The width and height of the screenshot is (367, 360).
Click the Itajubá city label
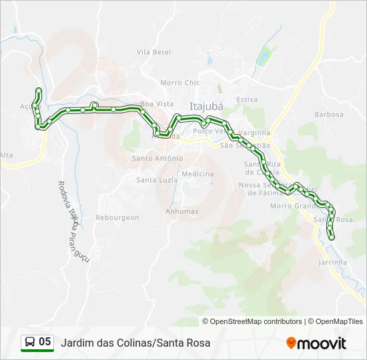coord(206,106)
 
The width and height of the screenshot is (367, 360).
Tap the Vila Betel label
coord(154,52)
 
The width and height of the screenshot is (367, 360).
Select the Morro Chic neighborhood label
coord(180,83)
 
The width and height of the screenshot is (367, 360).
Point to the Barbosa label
coord(330,115)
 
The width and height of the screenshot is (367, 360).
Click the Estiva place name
coord(247,99)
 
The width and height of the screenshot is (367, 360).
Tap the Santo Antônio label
coord(157,159)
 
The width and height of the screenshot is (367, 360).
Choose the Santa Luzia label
coord(156,180)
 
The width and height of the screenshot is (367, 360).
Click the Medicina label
coord(198,174)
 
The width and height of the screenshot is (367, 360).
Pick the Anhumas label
coord(182,211)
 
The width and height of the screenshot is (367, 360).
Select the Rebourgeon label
coord(117,217)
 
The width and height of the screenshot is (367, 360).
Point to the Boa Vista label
coord(157,104)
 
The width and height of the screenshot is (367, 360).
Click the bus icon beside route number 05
coord(30,342)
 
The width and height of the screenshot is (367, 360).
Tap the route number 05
coord(45,342)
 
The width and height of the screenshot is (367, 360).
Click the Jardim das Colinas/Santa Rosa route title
coord(135,343)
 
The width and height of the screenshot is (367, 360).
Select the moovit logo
coord(316,343)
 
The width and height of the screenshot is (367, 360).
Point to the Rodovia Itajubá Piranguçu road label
coord(73,213)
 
